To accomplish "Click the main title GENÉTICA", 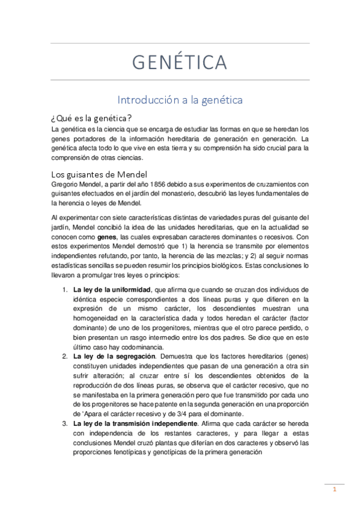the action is click(180, 62).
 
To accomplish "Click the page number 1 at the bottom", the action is click(334, 490).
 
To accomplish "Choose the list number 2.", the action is click(65, 357).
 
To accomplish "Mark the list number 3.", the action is click(65, 424).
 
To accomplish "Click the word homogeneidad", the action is click(97, 318).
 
